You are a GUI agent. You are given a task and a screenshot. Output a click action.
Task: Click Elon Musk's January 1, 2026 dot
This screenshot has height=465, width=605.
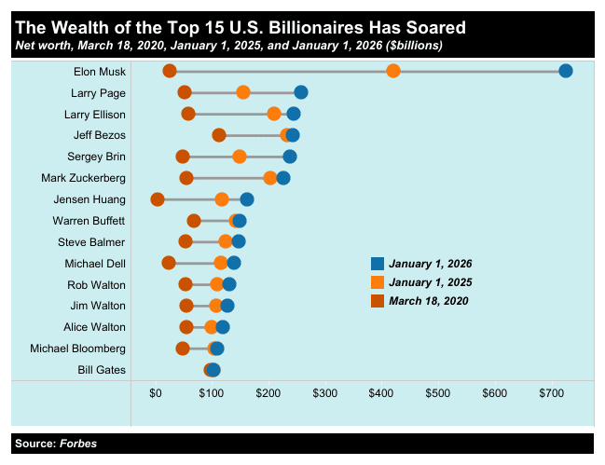pos(565,71)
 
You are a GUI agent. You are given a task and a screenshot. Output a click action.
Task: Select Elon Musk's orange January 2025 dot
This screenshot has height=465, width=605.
pos(393,71)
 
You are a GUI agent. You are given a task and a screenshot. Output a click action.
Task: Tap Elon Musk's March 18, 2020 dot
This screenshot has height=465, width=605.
pos(170,71)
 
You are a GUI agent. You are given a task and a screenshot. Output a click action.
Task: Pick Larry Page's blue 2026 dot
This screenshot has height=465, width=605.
pos(301,91)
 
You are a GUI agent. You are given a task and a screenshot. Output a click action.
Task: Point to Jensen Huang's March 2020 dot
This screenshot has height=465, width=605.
pos(158,198)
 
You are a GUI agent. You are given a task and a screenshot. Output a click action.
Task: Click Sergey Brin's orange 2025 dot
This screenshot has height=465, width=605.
pos(240,156)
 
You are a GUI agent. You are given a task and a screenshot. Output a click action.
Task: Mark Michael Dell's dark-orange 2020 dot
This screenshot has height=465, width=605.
pos(169,263)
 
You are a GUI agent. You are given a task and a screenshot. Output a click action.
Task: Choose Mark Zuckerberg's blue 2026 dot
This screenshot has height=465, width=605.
pos(283,177)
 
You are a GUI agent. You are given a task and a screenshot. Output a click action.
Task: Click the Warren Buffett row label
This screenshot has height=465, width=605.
pos(89,221)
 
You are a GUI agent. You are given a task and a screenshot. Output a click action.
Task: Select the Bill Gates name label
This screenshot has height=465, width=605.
pos(102,370)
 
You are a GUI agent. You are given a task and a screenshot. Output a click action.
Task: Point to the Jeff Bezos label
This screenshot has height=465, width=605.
pos(100,135)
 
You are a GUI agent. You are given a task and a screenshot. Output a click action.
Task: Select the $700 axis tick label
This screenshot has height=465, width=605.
pos(552,393)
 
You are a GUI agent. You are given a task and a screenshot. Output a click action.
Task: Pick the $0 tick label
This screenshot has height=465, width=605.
pos(157,393)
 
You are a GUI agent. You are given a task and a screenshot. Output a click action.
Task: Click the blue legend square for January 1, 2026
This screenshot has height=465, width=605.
pos(378,264)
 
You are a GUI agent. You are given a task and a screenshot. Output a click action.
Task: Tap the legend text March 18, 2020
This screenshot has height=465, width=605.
pos(428,301)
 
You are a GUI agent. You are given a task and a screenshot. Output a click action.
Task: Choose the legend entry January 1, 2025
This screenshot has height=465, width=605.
pos(431,282)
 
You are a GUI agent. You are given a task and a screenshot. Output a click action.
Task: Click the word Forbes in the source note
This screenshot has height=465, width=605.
pos(78,444)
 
